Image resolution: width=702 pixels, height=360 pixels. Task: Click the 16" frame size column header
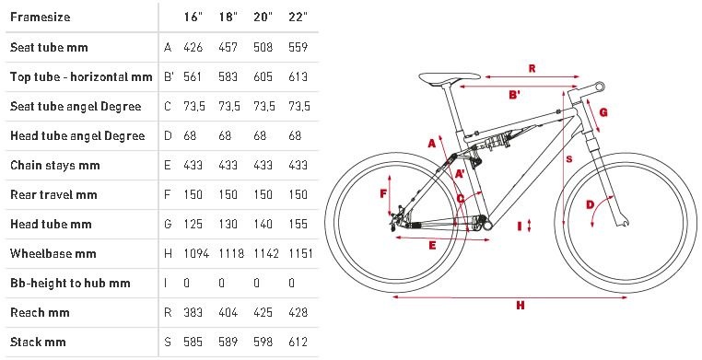[193, 17]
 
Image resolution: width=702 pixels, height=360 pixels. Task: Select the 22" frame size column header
[298, 17]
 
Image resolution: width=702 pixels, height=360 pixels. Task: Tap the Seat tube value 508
[263, 47]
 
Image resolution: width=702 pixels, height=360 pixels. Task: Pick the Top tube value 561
[193, 76]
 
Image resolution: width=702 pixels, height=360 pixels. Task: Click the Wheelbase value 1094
[196, 253]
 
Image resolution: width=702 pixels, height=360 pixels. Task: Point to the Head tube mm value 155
[298, 224]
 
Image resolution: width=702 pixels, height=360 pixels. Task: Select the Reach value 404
[228, 312]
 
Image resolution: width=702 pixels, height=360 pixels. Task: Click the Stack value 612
[298, 342]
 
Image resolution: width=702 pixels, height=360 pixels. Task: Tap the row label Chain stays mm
[55, 165]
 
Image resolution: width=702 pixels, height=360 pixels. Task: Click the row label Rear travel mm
[53, 194]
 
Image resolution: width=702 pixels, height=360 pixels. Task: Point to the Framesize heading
[41, 17]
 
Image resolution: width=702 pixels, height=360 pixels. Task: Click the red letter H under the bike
[520, 306]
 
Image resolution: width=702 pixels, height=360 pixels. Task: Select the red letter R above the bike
[532, 68]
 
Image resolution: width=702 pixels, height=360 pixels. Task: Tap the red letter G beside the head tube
[603, 111]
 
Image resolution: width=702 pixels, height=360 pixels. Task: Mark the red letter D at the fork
[591, 204]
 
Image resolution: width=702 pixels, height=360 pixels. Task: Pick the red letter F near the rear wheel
[383, 193]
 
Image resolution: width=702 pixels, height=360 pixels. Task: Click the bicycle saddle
[449, 77]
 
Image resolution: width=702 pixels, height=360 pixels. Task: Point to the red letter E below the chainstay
[432, 245]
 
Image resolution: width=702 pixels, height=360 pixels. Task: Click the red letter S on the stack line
[569, 159]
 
